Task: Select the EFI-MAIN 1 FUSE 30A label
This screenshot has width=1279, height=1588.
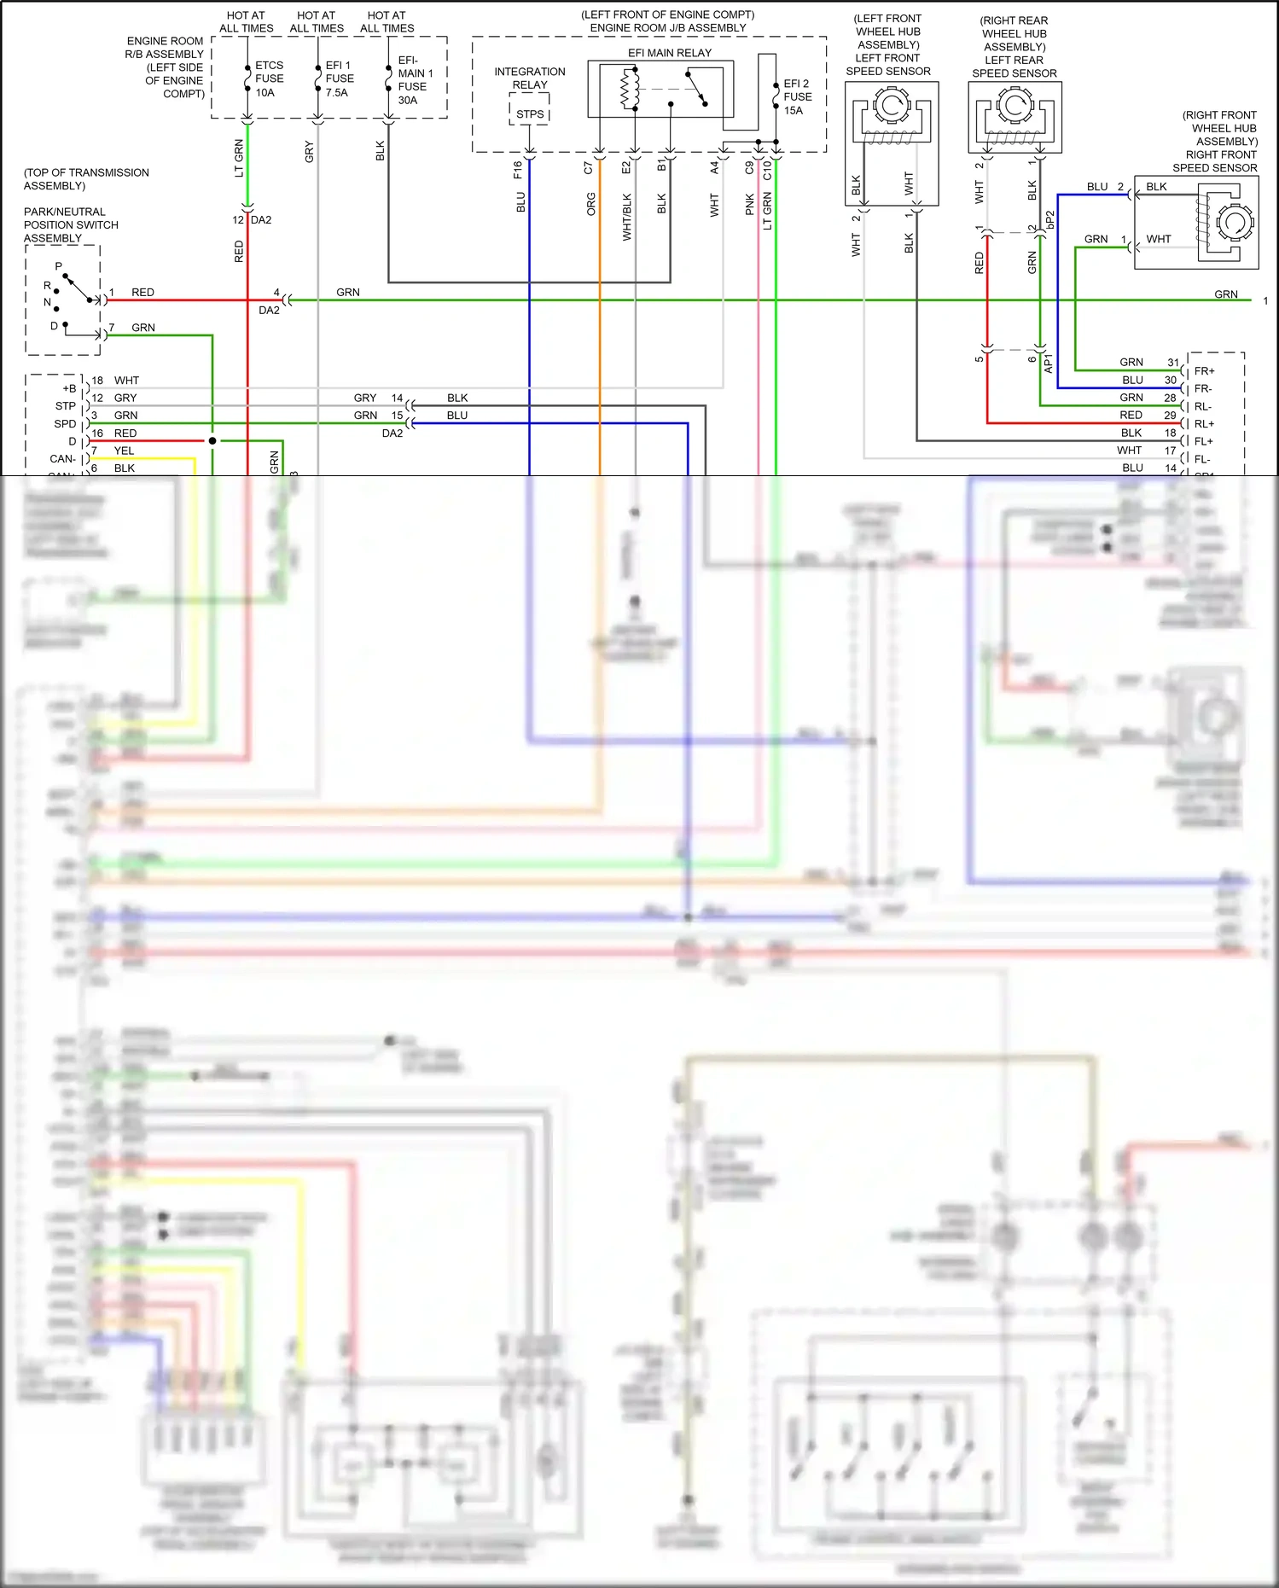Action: pyautogui.click(x=415, y=80)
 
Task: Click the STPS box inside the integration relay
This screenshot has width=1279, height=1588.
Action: pyautogui.click(x=530, y=113)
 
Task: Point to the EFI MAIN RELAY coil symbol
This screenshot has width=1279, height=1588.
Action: pyautogui.click(x=630, y=90)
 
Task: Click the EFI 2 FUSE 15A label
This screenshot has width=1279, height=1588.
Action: pyautogui.click(x=797, y=97)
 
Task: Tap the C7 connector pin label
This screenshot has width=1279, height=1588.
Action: pyautogui.click(x=588, y=168)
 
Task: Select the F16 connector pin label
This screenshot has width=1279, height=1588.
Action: pyautogui.click(x=518, y=170)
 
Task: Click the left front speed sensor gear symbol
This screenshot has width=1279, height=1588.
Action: pyautogui.click(x=892, y=108)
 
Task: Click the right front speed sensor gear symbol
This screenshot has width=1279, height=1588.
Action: pyautogui.click(x=1234, y=223)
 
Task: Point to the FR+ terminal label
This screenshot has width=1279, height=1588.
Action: pyautogui.click(x=1204, y=371)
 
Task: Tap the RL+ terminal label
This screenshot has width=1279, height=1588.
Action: pyautogui.click(x=1204, y=424)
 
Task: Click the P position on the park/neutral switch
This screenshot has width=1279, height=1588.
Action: pyautogui.click(x=58, y=266)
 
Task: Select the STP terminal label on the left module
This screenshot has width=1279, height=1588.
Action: pyautogui.click(x=65, y=406)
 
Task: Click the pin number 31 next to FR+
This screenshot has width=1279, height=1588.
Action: pyautogui.click(x=1173, y=363)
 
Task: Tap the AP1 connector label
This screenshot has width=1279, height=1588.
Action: pyautogui.click(x=1049, y=363)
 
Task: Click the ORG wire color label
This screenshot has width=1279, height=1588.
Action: pyautogui.click(x=591, y=204)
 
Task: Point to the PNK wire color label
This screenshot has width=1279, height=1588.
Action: pyautogui.click(x=750, y=204)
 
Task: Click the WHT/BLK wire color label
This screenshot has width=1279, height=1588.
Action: pyautogui.click(x=627, y=217)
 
